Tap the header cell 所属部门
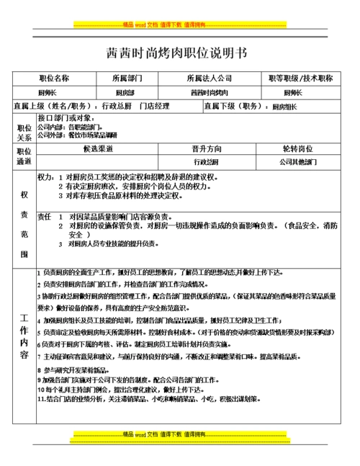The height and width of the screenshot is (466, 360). point(129,78)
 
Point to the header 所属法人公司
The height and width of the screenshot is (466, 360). point(209,78)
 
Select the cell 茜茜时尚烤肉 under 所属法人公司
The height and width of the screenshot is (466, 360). point(209,93)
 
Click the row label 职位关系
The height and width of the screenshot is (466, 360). point(24,131)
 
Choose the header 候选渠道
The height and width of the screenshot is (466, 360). point(98,149)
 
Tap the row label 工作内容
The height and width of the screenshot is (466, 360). point(24,337)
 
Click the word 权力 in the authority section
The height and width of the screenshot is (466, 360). point(45,176)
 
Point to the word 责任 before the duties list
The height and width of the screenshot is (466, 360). point(44,216)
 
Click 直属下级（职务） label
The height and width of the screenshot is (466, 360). point(233,106)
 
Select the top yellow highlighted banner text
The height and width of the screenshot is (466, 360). point(180,24)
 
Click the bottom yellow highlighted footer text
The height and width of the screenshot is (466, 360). point(180,435)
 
